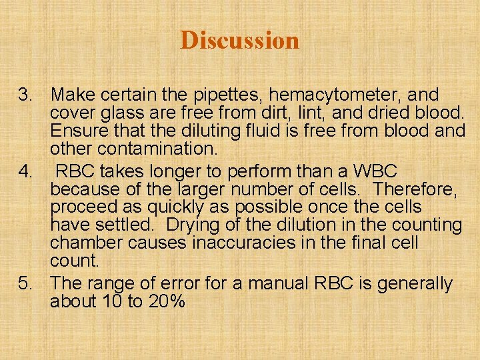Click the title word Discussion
(x=239, y=40)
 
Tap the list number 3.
(x=25, y=94)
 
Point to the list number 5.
(x=25, y=283)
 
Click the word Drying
(x=197, y=225)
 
